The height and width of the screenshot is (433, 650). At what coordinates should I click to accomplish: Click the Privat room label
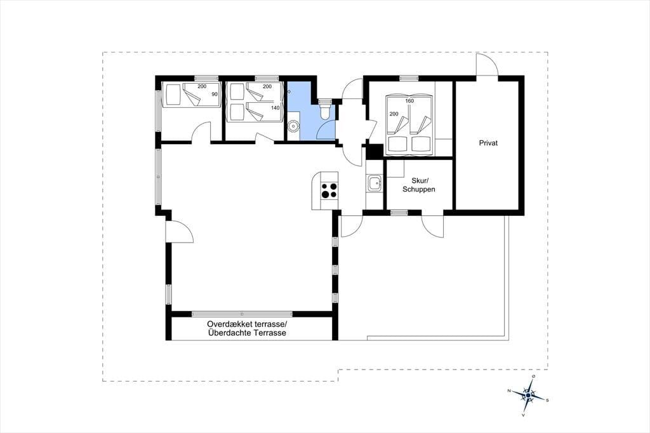point(488,143)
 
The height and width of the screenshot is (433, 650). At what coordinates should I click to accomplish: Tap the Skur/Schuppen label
point(419,185)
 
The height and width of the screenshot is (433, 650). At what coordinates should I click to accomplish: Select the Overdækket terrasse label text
point(247,324)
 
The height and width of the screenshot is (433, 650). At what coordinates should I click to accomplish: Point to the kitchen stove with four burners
point(329,191)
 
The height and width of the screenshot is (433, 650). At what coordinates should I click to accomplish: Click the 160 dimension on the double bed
point(409,101)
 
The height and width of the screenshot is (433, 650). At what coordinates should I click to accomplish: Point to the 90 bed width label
point(215,94)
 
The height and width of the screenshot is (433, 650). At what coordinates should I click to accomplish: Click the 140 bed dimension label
point(275,108)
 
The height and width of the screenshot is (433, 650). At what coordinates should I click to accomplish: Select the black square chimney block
point(375,151)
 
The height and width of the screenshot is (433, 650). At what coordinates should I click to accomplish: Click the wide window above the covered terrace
point(242,314)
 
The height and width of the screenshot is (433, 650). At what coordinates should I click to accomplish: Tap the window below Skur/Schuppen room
point(399,213)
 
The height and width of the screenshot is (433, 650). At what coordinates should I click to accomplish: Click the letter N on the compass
point(508,390)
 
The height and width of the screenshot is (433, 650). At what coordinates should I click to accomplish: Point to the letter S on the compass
point(547,400)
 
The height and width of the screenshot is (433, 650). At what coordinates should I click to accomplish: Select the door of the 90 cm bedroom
point(201,132)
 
